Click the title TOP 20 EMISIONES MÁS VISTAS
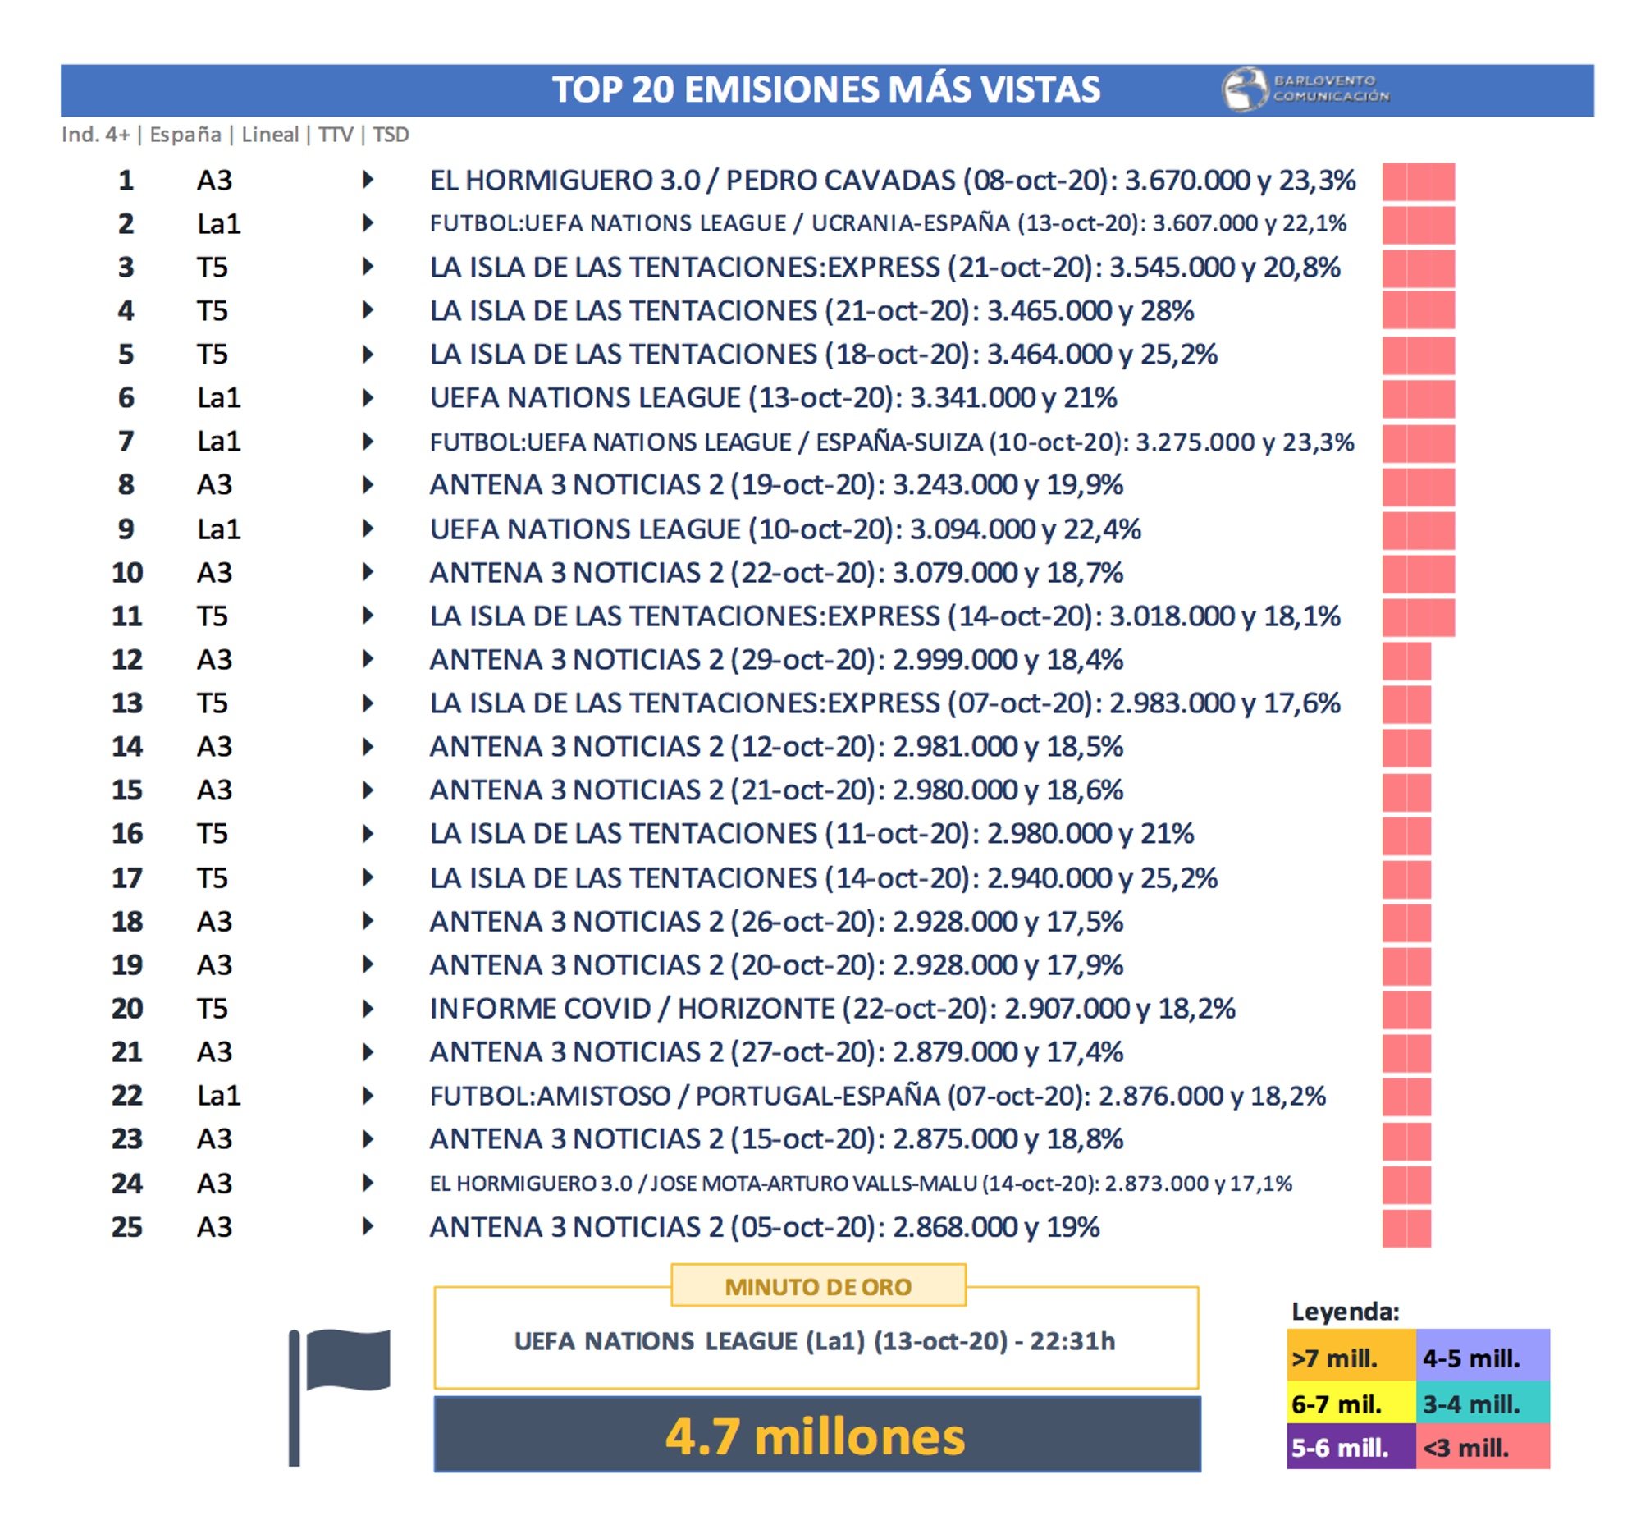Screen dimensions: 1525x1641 (825, 89)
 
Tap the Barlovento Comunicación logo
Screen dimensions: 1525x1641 (1306, 89)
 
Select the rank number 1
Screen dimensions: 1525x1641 (126, 180)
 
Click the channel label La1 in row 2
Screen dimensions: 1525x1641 (217, 223)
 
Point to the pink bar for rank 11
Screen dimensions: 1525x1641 (1418, 617)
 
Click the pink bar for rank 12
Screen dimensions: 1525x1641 (1406, 660)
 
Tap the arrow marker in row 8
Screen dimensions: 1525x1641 (368, 484)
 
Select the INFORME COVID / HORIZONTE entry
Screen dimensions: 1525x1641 (832, 1009)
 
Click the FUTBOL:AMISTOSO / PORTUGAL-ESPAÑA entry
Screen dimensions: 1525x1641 (877, 1096)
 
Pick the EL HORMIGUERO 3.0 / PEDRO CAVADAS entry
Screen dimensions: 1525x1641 (892, 180)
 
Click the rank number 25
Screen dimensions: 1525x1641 (127, 1227)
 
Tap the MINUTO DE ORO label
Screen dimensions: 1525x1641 (817, 1286)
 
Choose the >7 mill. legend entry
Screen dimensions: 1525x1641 (1350, 1358)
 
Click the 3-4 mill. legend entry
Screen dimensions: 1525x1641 (1482, 1404)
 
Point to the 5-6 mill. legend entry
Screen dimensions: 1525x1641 (1350, 1447)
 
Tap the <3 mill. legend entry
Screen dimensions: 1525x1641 (1482, 1447)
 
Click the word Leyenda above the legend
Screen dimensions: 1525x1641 (1345, 1312)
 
